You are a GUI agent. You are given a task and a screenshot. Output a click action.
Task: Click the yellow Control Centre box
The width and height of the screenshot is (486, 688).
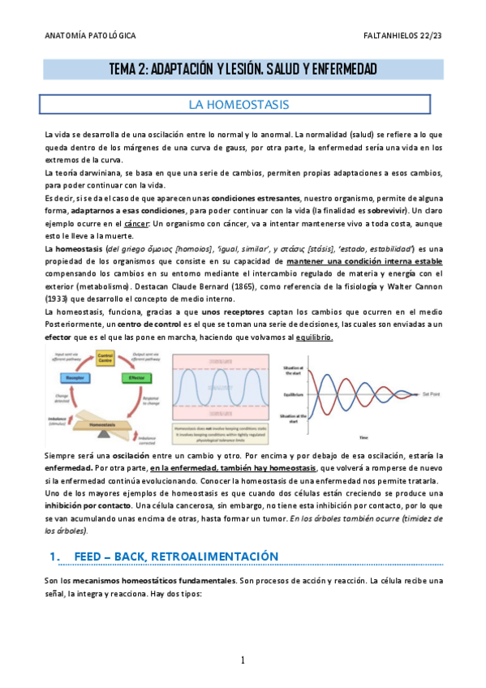[105, 357]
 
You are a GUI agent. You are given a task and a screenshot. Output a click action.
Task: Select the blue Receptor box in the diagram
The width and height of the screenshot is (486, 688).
[67, 378]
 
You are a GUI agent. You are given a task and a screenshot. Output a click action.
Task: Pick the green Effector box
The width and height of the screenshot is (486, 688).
[136, 378]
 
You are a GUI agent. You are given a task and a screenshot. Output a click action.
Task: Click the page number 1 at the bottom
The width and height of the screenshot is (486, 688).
[243, 660]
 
